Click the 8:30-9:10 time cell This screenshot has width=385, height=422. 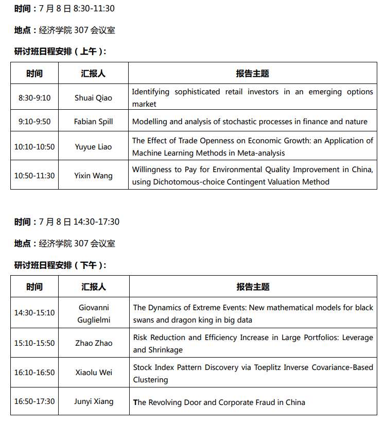34,98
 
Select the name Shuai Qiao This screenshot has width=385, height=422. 93,98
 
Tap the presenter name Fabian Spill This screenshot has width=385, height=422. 93,122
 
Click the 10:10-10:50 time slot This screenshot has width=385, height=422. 34,147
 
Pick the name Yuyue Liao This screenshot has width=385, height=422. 93,147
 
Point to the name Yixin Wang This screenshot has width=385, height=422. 93,176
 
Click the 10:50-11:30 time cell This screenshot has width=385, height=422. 34,176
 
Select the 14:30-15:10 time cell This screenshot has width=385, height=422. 34,313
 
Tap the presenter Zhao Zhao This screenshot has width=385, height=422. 94,343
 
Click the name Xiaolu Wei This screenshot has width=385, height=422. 94,373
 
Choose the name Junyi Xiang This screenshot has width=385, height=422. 94,401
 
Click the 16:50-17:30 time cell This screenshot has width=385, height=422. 34,401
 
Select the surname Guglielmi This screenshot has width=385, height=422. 94,320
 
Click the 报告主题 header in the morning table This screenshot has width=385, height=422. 252,74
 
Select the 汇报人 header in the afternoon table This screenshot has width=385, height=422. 94,287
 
